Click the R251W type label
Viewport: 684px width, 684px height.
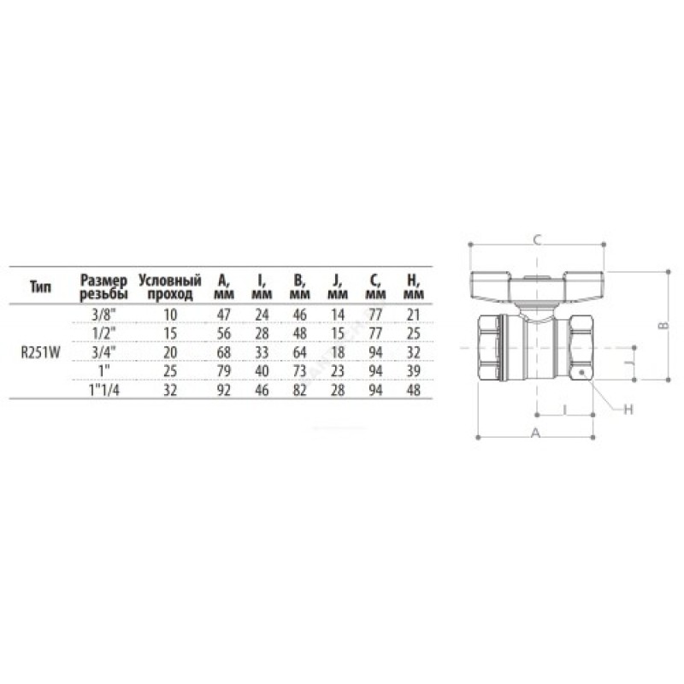coord(40,352)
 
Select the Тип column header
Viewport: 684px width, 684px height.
coord(40,287)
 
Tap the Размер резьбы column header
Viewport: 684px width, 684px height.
coord(103,287)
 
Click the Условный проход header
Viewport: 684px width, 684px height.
coord(170,287)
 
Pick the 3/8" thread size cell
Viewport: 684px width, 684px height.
coord(103,315)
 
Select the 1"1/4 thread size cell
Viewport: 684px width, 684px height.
coord(103,390)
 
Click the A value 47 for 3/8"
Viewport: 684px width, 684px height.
coord(224,315)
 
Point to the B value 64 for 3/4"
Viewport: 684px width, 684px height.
coord(300,352)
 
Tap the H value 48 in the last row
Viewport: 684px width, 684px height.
coord(413,390)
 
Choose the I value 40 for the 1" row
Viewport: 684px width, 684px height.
coord(262,371)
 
